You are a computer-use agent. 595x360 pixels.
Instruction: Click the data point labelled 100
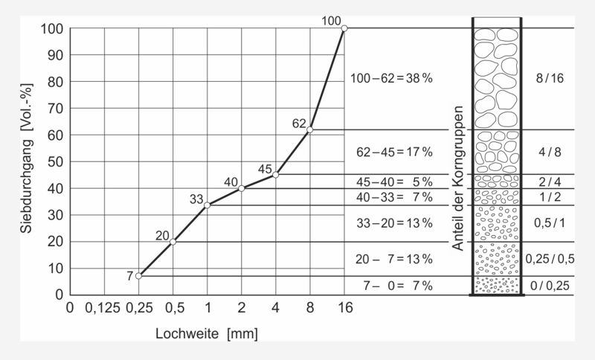[344, 28]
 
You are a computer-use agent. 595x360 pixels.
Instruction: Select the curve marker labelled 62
[309, 129]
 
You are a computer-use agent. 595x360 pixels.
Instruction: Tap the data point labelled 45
[275, 175]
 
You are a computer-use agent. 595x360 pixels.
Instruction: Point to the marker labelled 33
[207, 205]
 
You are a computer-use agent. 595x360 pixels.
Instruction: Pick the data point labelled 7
[138, 276]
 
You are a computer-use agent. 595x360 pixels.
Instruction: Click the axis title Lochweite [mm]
[207, 334]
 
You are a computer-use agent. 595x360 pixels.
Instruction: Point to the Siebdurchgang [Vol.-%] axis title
[28, 161]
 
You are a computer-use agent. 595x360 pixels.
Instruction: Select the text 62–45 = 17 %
[394, 152]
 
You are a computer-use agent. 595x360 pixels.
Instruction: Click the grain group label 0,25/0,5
[550, 259]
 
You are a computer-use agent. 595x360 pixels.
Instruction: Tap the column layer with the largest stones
[497, 78]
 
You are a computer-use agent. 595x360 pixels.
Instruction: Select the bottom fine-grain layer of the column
[497, 286]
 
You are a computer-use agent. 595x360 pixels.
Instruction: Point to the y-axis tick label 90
[54, 55]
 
